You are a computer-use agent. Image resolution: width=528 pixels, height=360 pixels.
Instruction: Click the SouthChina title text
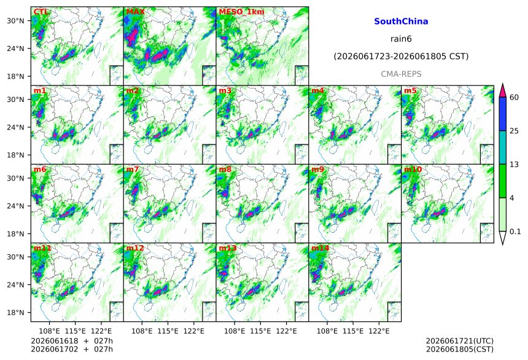coord(401,22)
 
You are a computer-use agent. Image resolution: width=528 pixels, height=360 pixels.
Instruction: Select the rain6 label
coord(401,39)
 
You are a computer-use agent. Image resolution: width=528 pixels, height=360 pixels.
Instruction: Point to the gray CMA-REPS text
coord(401,74)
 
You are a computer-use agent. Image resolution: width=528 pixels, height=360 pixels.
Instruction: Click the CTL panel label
coord(41,12)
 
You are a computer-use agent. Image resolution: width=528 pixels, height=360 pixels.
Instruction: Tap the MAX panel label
coord(135,12)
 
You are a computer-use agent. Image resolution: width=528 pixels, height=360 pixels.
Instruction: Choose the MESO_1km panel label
coord(241,12)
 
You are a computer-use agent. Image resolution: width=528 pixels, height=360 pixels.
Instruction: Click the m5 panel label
coord(410,91)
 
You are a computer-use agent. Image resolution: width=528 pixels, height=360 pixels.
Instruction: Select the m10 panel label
coord(413,170)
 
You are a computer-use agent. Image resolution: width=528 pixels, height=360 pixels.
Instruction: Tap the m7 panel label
coord(133,170)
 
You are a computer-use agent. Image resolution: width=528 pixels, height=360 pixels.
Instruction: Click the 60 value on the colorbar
coord(514,98)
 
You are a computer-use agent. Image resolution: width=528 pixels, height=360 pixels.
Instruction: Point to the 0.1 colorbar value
coord(515,232)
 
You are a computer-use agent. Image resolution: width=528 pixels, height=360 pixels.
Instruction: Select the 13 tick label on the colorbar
coord(514,165)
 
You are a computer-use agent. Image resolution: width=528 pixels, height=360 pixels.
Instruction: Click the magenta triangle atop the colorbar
coord(503,90)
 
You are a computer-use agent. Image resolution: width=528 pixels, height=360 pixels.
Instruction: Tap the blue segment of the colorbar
coord(503,114)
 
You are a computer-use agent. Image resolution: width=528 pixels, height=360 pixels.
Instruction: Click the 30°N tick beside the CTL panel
coord(16,21)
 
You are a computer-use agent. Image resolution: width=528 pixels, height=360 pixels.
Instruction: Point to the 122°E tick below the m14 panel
coord(379,331)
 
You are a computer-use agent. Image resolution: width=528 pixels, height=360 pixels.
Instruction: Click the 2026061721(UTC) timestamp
coord(460,341)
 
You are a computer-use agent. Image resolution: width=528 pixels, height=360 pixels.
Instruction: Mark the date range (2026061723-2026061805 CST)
coord(401,57)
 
